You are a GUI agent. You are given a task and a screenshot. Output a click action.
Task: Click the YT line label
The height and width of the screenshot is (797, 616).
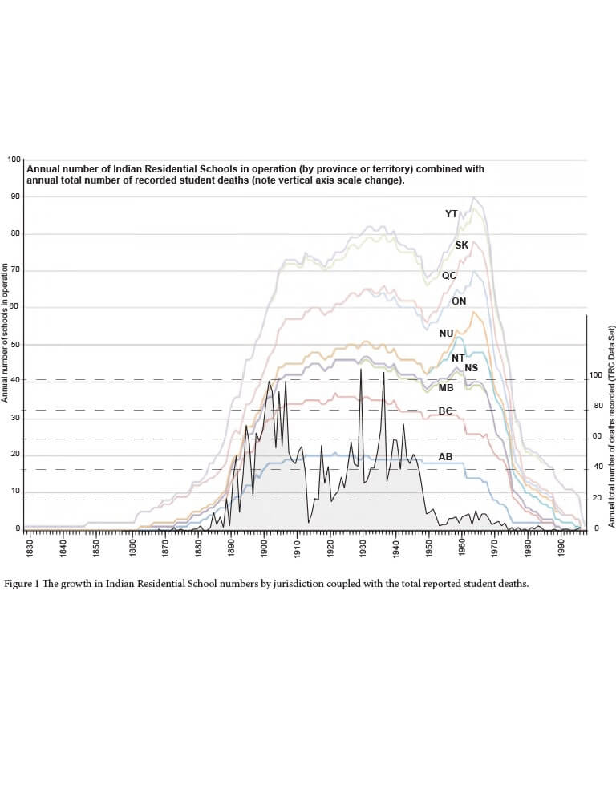[451, 214]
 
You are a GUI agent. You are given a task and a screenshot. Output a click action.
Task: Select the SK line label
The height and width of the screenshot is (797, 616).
[461, 245]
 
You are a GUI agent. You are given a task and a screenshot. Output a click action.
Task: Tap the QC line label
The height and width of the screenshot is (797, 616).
[448, 275]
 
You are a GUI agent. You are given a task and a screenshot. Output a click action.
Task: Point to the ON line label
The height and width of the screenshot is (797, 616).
[459, 301]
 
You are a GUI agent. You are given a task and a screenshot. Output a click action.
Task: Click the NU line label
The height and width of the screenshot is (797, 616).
[446, 333]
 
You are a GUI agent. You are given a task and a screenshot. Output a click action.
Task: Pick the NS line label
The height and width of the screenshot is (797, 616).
[471, 368]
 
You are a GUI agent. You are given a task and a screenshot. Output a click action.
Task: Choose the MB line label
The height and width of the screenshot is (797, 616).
[446, 388]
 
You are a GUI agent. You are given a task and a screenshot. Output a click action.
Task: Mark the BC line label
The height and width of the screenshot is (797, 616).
[446, 411]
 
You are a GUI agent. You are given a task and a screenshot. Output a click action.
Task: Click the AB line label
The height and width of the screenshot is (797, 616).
[445, 456]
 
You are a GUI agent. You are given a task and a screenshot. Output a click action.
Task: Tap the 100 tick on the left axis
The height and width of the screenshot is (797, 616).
[14, 160]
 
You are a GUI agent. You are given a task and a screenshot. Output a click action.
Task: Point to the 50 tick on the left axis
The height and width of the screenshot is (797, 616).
[14, 344]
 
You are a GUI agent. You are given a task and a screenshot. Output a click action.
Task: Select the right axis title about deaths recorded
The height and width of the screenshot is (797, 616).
[611, 425]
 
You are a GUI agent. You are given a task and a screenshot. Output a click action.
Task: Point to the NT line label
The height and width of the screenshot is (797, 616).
[458, 358]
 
